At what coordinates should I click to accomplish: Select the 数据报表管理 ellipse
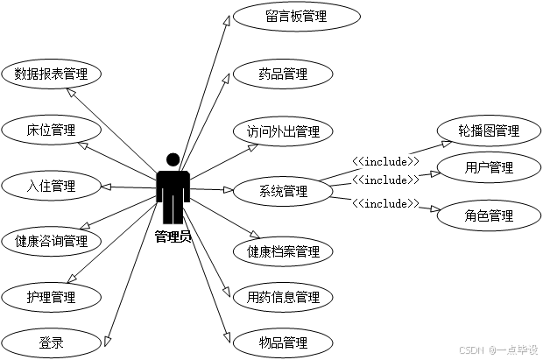(x=52, y=74)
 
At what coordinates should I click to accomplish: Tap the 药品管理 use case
(x=283, y=74)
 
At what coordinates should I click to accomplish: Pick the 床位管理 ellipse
(x=52, y=131)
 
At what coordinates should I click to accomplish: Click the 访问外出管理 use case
(x=283, y=132)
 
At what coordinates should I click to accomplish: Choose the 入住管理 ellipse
(x=52, y=186)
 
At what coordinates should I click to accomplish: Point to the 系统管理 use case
(x=283, y=191)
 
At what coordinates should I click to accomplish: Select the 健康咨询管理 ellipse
(x=52, y=241)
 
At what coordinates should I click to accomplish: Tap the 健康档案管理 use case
(x=283, y=252)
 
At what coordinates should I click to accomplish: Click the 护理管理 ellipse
(x=52, y=297)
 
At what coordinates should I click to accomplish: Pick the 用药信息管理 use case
(x=283, y=297)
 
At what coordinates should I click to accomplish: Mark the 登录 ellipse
(x=52, y=342)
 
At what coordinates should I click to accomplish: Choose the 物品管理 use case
(x=283, y=342)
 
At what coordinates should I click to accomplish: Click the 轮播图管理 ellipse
(x=489, y=131)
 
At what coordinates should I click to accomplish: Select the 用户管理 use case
(x=489, y=168)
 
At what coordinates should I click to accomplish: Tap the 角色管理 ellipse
(x=489, y=215)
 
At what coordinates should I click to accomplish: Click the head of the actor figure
(x=173, y=159)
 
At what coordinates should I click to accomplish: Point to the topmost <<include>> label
(x=385, y=161)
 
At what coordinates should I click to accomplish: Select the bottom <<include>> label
(x=385, y=203)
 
